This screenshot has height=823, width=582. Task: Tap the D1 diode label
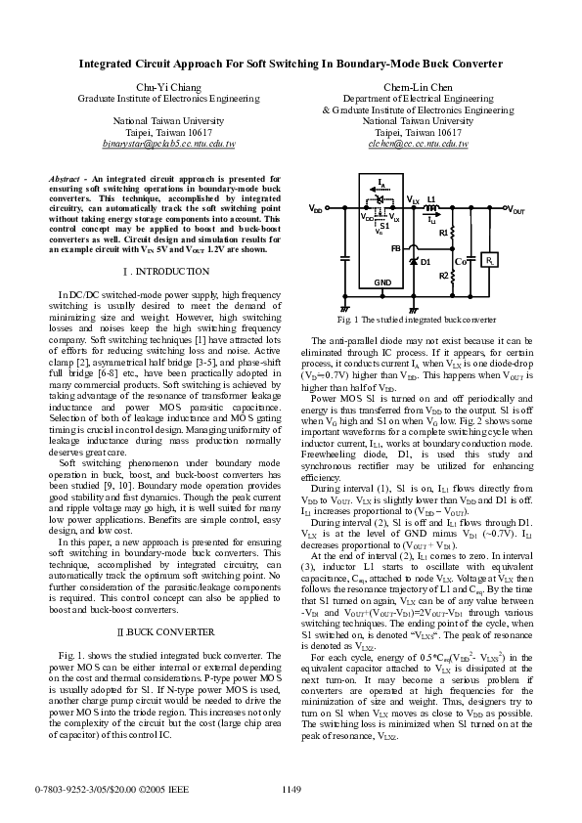[426, 261]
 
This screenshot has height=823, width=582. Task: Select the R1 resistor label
[443, 233]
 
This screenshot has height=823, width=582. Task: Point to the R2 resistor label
[443, 277]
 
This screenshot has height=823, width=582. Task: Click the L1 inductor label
[430, 198]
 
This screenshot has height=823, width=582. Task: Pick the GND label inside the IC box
[381, 282]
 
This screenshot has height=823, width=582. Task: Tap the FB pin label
[395, 248]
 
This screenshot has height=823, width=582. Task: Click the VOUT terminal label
[515, 210]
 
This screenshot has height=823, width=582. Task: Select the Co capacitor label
[460, 261]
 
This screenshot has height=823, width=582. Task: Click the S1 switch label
[383, 226]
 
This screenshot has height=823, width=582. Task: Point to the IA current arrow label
[381, 182]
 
